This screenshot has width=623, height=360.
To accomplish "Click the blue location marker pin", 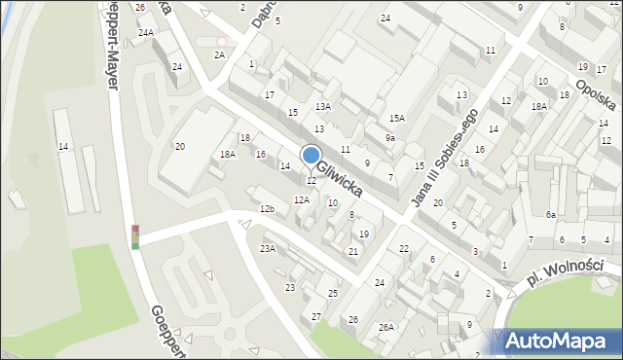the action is click(x=311, y=157).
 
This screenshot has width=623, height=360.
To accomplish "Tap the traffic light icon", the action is click(x=135, y=236).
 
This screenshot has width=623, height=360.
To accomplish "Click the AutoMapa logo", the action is click(x=558, y=342).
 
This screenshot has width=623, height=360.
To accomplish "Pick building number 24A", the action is click(x=146, y=33).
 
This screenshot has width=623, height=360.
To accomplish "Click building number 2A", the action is click(x=220, y=55).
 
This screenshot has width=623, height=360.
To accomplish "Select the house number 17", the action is click(x=270, y=94).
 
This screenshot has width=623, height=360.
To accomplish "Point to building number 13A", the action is click(x=323, y=107).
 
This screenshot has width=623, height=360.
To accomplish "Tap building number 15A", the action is click(x=397, y=119).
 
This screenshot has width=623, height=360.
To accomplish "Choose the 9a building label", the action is click(x=389, y=138).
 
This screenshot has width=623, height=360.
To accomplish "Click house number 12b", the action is click(x=267, y=209).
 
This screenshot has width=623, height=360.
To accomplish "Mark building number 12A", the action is click(x=302, y=199).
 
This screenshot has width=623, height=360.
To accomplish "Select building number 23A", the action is click(x=267, y=249).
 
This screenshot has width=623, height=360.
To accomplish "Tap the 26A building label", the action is click(x=386, y=327).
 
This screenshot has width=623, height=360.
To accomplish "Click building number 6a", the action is click(x=551, y=214).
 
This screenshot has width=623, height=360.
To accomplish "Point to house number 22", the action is click(x=404, y=249).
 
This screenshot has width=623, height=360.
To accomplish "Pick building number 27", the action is click(x=316, y=317).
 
